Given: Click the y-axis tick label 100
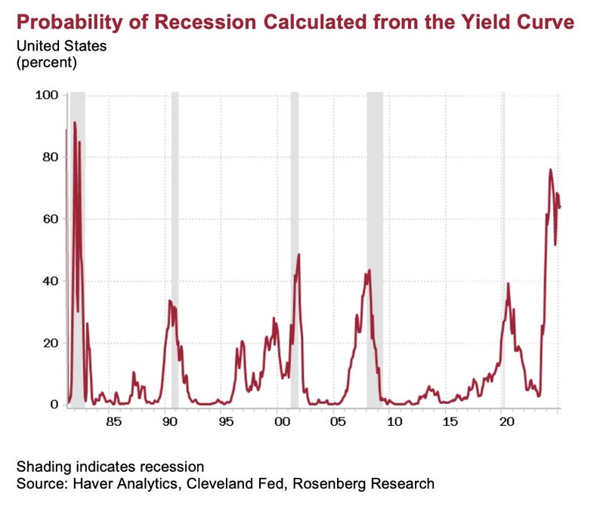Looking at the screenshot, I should [x=47, y=95].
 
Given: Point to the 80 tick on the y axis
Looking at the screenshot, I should [x=50, y=157].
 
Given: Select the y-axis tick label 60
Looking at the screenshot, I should [x=50, y=219].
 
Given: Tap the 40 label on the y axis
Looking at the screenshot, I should [x=50, y=281].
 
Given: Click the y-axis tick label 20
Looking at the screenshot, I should [x=50, y=343].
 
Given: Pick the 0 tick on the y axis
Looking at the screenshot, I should [x=54, y=405].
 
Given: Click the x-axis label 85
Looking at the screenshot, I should [x=113, y=421].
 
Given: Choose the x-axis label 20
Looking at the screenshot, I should [x=506, y=421].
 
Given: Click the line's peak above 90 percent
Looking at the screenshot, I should [x=75, y=122].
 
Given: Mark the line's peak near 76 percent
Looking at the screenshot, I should [x=550, y=169].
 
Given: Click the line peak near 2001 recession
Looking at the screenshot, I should [x=299, y=254].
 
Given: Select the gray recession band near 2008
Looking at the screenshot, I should [x=375, y=249].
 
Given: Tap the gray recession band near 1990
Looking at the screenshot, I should [x=175, y=249].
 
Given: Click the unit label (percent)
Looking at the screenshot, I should [x=47, y=63].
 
